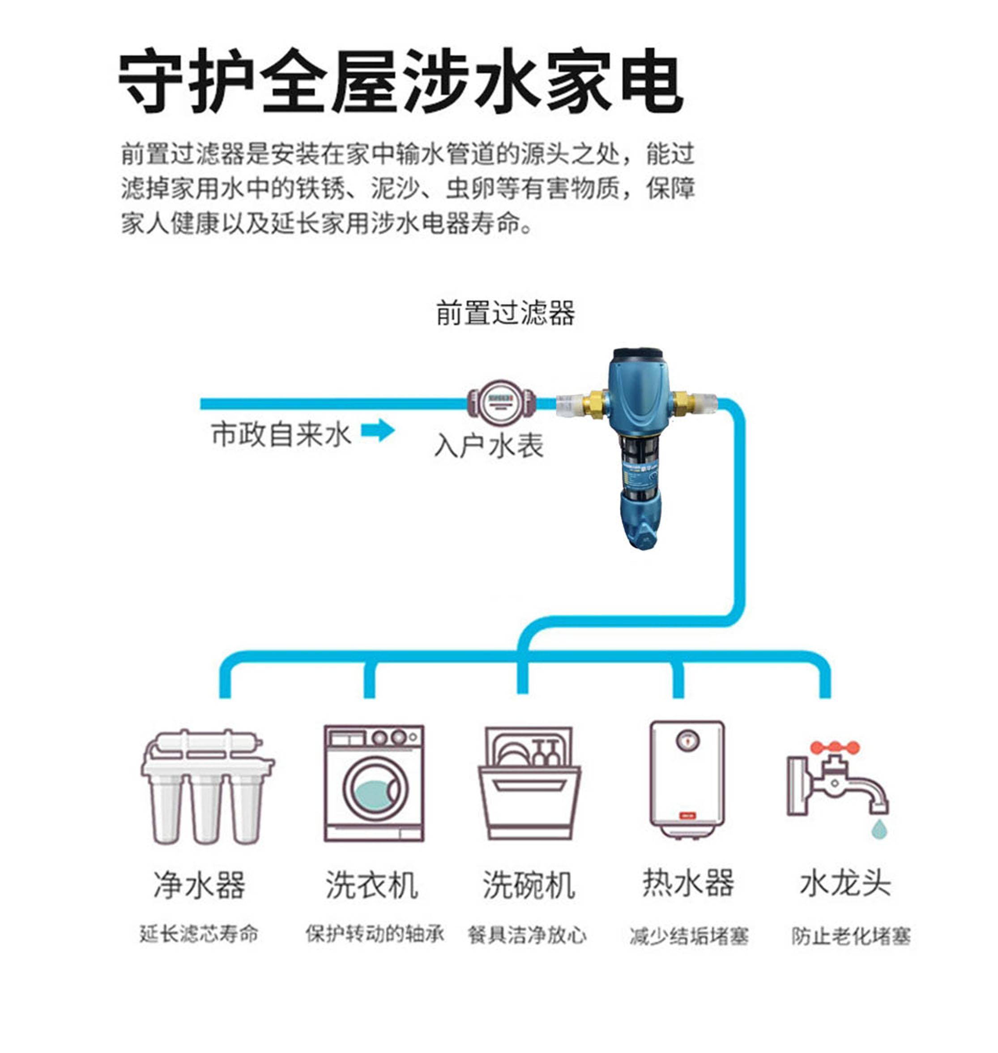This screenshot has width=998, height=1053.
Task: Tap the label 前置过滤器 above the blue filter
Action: (505, 312)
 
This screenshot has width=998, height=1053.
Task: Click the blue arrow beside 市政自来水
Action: (378, 430)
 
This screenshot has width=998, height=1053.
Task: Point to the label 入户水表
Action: (489, 445)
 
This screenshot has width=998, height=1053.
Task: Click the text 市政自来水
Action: (281, 434)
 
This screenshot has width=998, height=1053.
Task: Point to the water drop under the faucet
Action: (879, 829)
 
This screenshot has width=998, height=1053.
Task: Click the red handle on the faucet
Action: (835, 748)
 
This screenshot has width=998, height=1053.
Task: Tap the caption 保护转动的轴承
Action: (375, 934)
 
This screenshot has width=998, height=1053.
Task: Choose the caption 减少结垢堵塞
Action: (689, 936)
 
